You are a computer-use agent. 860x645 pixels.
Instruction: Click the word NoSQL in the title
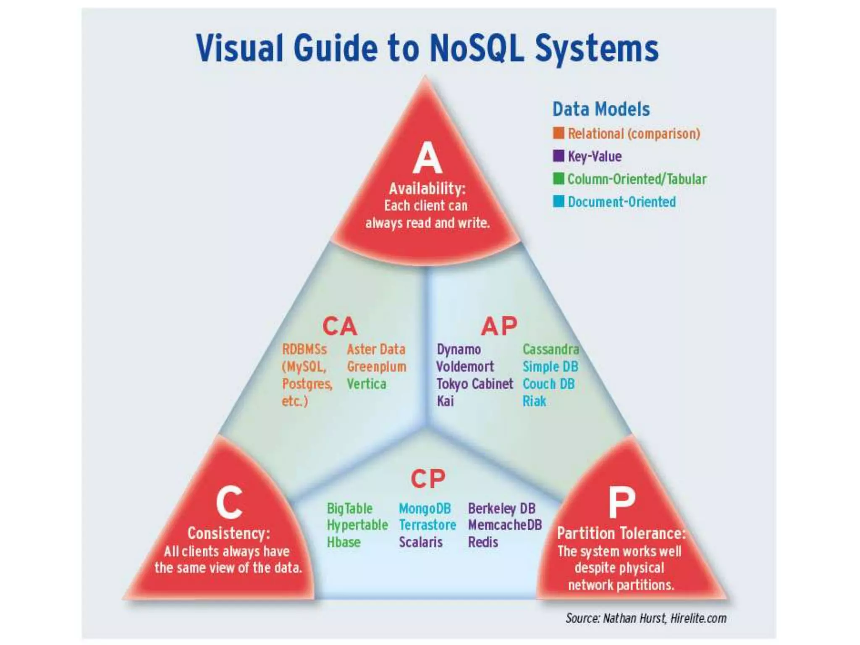point(477,48)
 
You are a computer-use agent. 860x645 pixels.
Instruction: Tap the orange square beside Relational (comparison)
point(558,133)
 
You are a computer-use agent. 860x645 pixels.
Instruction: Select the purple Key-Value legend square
point(558,156)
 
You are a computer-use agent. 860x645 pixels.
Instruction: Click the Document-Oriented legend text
point(621,202)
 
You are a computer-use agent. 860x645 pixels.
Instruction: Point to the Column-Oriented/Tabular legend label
point(637,179)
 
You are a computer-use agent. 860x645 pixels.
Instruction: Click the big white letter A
point(427,158)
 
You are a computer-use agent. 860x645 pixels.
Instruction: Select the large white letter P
point(621,502)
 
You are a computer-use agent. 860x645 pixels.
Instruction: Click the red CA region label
point(340,326)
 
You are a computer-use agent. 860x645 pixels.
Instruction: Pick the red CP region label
point(428,479)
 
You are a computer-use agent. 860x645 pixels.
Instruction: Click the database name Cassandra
point(551,349)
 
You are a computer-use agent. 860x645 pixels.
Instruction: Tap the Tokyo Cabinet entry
point(475,384)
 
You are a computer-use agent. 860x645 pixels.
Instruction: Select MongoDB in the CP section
point(425,509)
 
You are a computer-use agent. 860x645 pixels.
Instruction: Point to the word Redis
point(483,542)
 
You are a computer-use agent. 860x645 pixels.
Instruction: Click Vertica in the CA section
point(366,384)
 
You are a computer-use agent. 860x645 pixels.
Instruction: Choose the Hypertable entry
point(357,525)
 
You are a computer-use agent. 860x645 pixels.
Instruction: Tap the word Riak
point(534,401)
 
